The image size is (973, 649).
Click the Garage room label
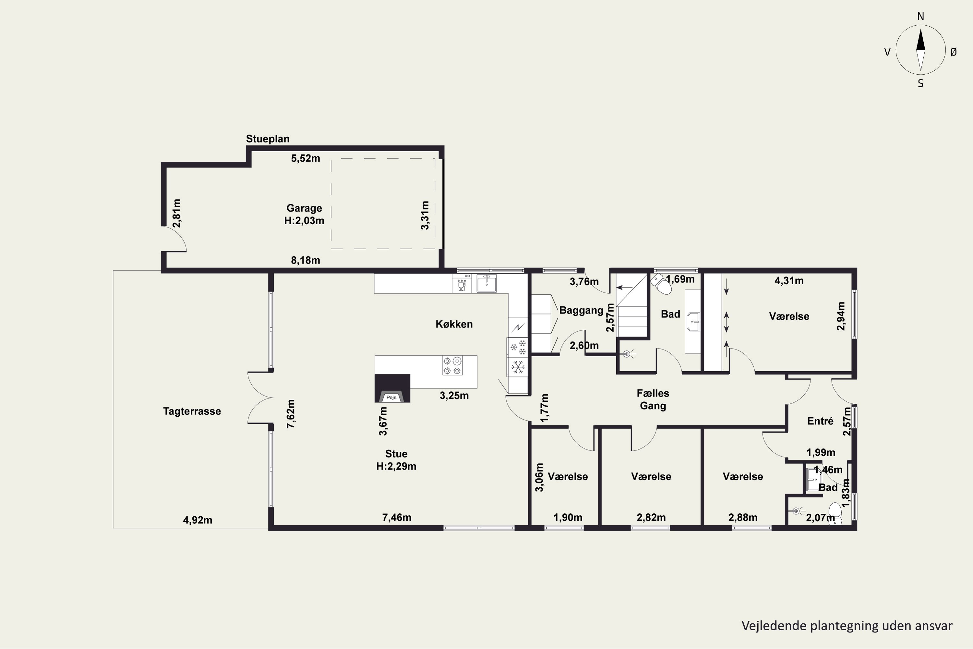304,208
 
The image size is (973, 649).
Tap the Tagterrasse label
192,411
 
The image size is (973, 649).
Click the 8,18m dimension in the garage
305,260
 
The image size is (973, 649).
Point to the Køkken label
454,324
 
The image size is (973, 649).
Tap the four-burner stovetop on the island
452,365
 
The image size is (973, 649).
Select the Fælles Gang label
653,399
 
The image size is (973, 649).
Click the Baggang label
581,311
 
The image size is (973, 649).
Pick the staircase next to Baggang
632,305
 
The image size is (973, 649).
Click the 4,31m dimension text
789,281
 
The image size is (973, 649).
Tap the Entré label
820,421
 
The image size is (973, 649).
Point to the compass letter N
920,16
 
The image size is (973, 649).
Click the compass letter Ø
954,52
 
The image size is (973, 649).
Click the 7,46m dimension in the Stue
396,517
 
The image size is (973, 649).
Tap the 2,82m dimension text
651,517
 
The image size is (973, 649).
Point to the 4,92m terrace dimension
198,520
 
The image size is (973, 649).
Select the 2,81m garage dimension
177,213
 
